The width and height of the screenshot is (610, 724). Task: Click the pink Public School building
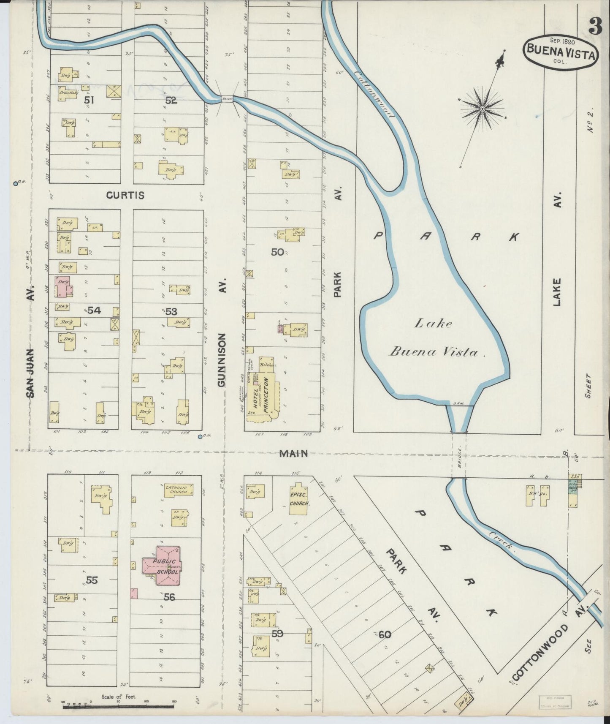pyautogui.click(x=162, y=566)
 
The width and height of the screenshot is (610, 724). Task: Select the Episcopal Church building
pyautogui.click(x=300, y=500)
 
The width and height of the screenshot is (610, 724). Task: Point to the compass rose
pyautogui.click(x=482, y=109)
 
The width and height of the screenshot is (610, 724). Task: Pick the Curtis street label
pyautogui.click(x=125, y=196)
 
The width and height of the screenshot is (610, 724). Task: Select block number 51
pyautogui.click(x=89, y=101)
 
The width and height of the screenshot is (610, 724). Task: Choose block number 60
pyautogui.click(x=385, y=634)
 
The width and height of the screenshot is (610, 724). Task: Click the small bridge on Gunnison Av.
pyautogui.click(x=226, y=99)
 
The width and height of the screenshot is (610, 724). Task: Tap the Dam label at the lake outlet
pyautogui.click(x=458, y=404)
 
